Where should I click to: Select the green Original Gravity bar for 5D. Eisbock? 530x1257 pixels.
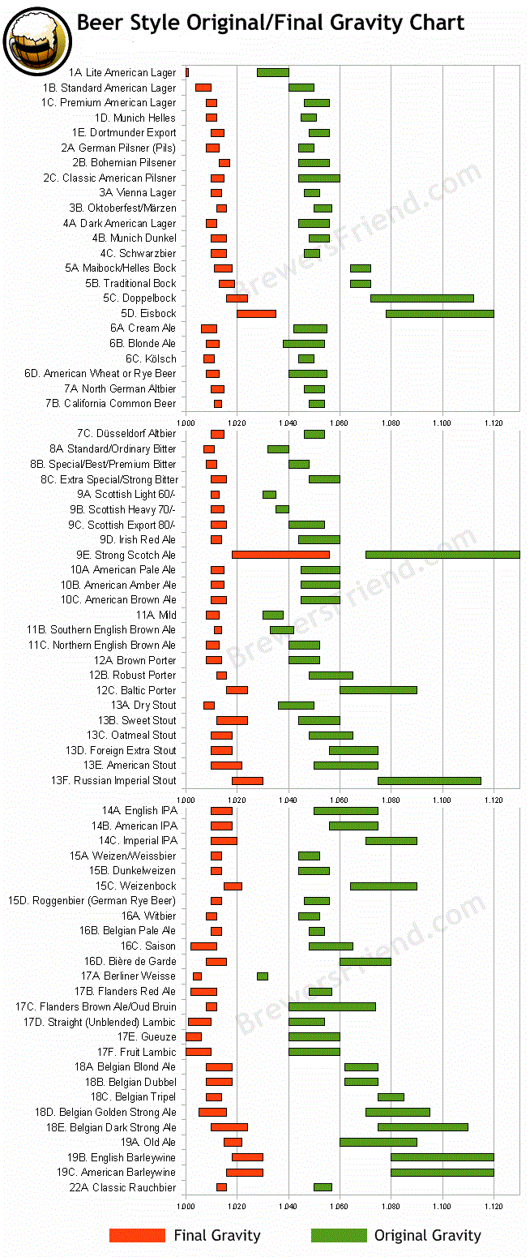[x=440, y=313]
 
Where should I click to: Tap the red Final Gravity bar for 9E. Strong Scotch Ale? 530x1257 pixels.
[x=280, y=555]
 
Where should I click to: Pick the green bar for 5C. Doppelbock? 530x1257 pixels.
[x=421, y=298]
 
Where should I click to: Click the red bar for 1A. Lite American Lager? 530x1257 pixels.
[x=187, y=73]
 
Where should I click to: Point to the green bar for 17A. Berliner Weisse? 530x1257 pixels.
[x=263, y=976]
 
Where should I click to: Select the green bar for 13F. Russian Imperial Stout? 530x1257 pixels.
[x=430, y=781]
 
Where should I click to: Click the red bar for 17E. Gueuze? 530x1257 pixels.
[x=194, y=1036]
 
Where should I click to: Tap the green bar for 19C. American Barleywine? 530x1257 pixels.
[x=442, y=1173]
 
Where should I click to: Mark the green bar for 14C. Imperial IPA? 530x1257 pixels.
[x=391, y=841]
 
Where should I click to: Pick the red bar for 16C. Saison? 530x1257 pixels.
[x=203, y=946]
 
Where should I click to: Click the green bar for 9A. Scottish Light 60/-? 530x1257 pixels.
[x=269, y=495]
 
